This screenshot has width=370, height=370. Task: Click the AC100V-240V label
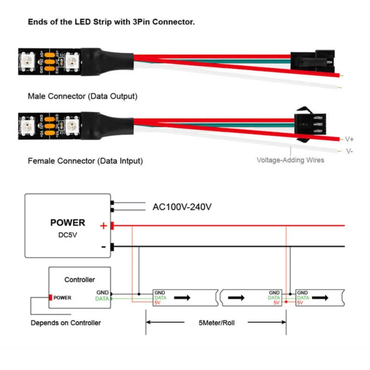click(181, 207)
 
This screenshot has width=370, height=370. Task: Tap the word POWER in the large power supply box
click(67, 223)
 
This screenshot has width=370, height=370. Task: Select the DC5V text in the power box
click(67, 235)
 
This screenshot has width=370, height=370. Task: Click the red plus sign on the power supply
click(104, 226)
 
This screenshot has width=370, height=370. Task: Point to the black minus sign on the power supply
click(104, 247)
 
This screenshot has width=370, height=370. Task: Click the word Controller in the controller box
click(79, 280)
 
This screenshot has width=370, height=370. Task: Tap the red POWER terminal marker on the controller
click(51, 298)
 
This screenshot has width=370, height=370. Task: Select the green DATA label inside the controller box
click(102, 299)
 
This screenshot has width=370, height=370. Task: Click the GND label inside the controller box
click(103, 292)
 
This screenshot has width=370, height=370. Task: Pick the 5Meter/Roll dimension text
click(216, 322)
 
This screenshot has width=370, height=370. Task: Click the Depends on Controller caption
click(66, 322)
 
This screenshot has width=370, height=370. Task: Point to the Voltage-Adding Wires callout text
click(290, 160)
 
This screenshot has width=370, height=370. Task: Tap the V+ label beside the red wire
click(349, 139)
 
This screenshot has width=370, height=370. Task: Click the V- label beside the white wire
click(349, 151)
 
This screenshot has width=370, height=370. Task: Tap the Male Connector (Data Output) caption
click(83, 96)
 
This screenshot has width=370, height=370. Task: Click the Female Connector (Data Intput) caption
click(85, 160)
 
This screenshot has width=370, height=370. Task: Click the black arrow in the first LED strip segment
click(183, 298)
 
